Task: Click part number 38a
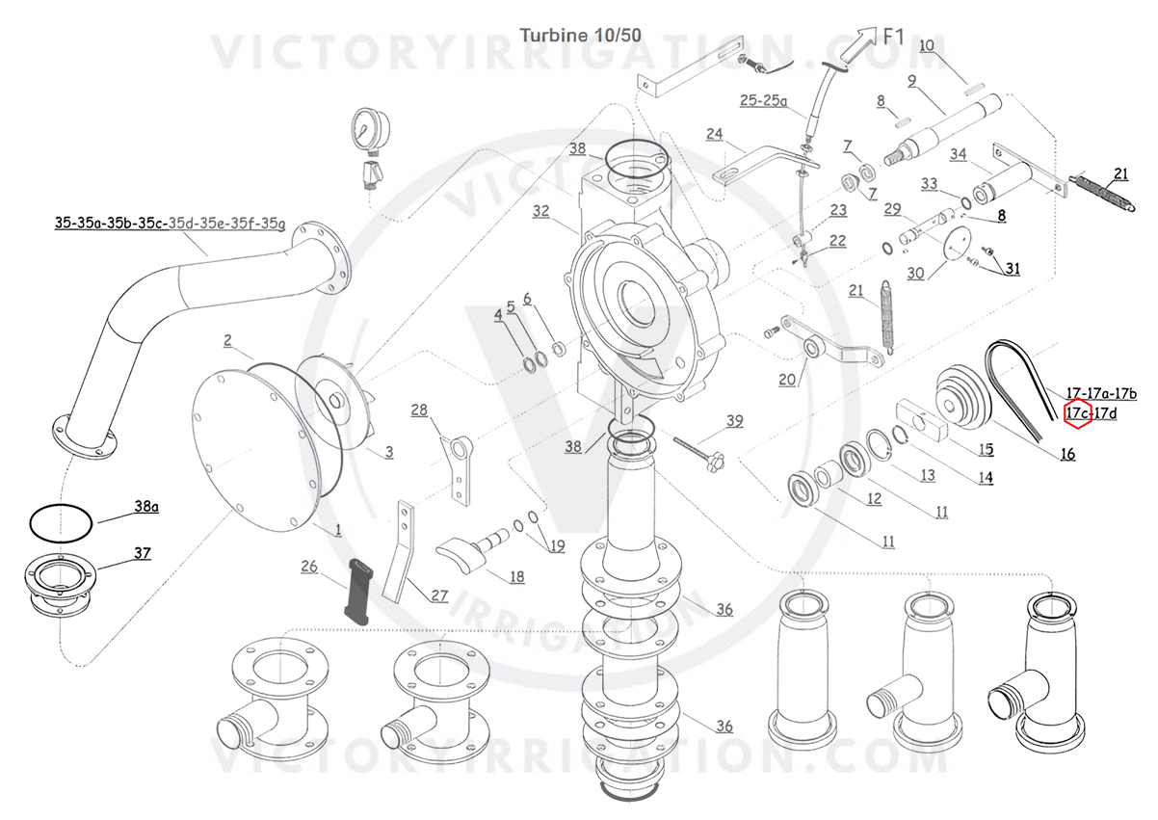[146, 504]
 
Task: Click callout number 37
[143, 553]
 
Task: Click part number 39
[735, 420]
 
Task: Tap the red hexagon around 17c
[1077, 414]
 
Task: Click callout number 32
[540, 210]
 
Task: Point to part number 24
[714, 133]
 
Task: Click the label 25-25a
[763, 100]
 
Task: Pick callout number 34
[958, 154]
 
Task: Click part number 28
[419, 410]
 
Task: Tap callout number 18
[517, 576]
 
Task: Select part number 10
[927, 45]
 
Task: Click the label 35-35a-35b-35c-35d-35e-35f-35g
[170, 224]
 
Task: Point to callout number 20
[787, 379]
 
